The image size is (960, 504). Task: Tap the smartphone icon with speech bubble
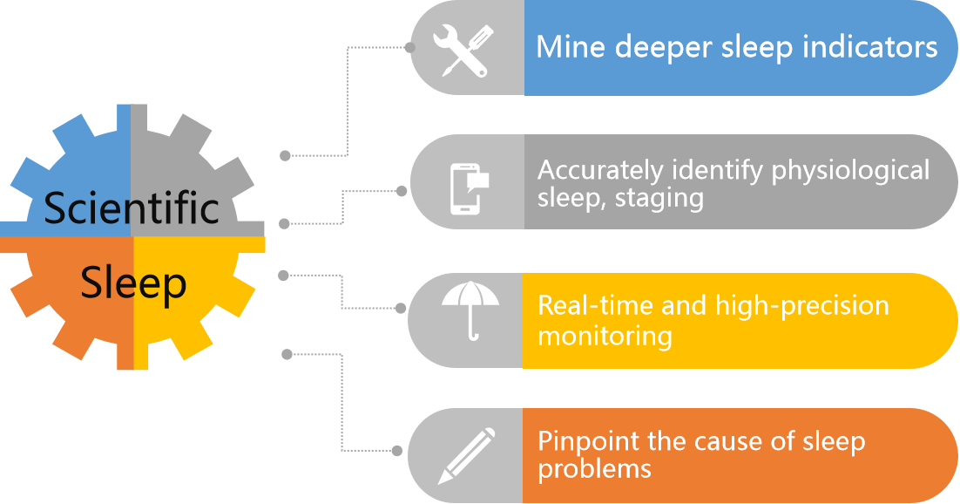pyautogui.click(x=468, y=187)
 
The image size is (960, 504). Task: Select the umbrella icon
pyautogui.click(x=470, y=311)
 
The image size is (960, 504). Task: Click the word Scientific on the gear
pyautogui.click(x=132, y=208)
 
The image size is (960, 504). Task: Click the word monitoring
pyautogui.click(x=605, y=336)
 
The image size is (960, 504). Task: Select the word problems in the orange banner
pyautogui.click(x=594, y=469)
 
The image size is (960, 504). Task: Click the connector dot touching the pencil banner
pyautogui.click(x=398, y=451)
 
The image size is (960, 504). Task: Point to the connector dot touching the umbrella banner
pyautogui.click(x=401, y=308)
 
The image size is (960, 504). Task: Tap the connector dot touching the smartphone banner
pyautogui.click(x=402, y=190)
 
